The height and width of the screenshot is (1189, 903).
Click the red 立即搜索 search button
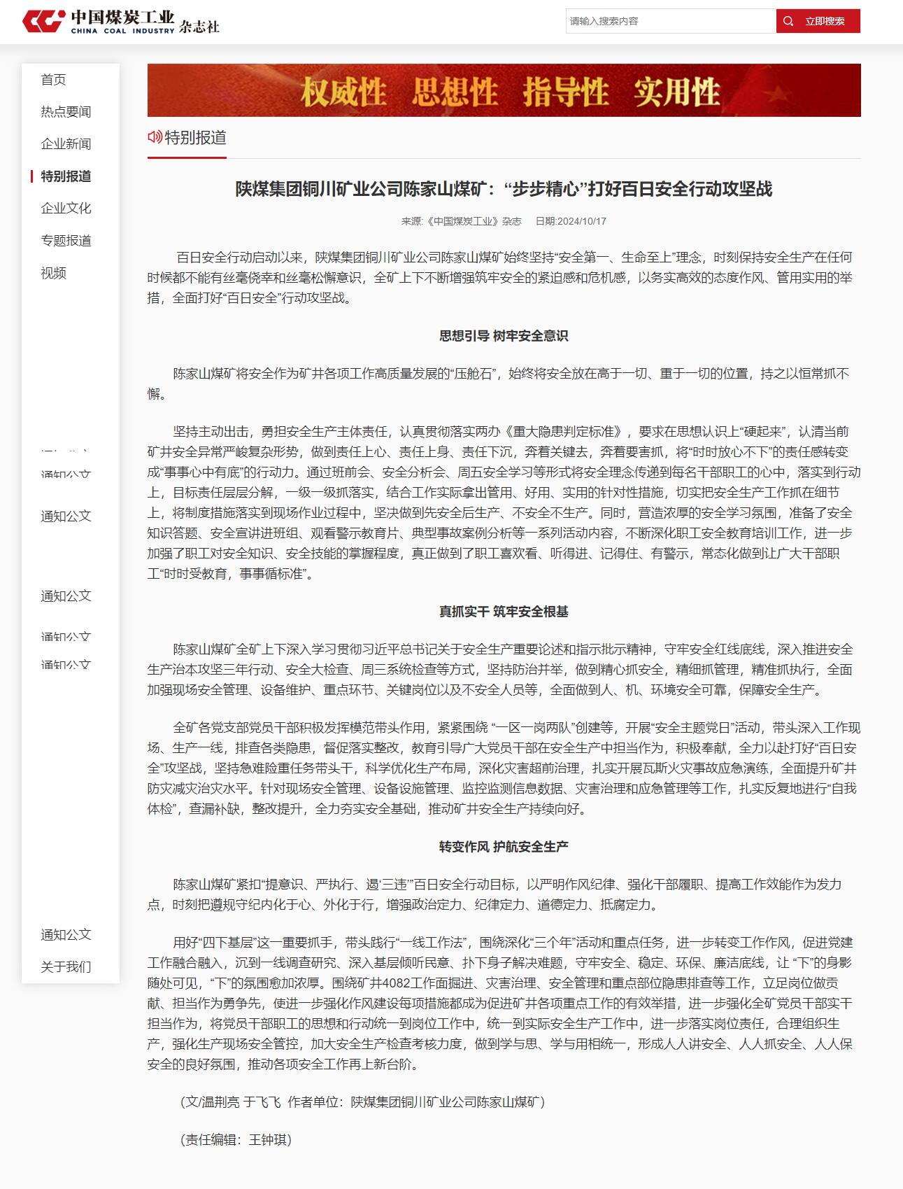coord(818,21)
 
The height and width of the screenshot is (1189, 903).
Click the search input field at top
coord(670,21)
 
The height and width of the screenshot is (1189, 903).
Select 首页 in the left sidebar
coord(53,80)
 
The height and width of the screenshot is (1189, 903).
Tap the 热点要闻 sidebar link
coord(66,112)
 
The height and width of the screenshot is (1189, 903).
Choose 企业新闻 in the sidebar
coord(66,144)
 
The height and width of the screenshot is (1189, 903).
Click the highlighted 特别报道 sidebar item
coord(66,176)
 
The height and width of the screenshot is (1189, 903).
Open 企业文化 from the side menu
coord(66,209)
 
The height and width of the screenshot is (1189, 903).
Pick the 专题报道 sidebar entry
coord(66,241)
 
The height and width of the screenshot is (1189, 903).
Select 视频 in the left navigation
coord(53,273)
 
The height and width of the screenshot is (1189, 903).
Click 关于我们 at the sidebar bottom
coord(66,967)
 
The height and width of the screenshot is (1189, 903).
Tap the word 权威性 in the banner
coord(343,92)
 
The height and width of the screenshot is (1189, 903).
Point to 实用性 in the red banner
coord(676,92)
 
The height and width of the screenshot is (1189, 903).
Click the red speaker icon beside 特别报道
coord(154,137)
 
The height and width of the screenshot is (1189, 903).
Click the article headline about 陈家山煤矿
coord(504,189)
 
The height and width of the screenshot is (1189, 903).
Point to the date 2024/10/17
coord(581,221)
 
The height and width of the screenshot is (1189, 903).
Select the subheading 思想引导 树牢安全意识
coord(504,336)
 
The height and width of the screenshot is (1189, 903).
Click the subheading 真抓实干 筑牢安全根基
coord(504,612)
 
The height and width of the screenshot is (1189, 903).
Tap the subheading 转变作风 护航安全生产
coord(504,847)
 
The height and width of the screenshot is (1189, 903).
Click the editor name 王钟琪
coord(269,1139)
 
